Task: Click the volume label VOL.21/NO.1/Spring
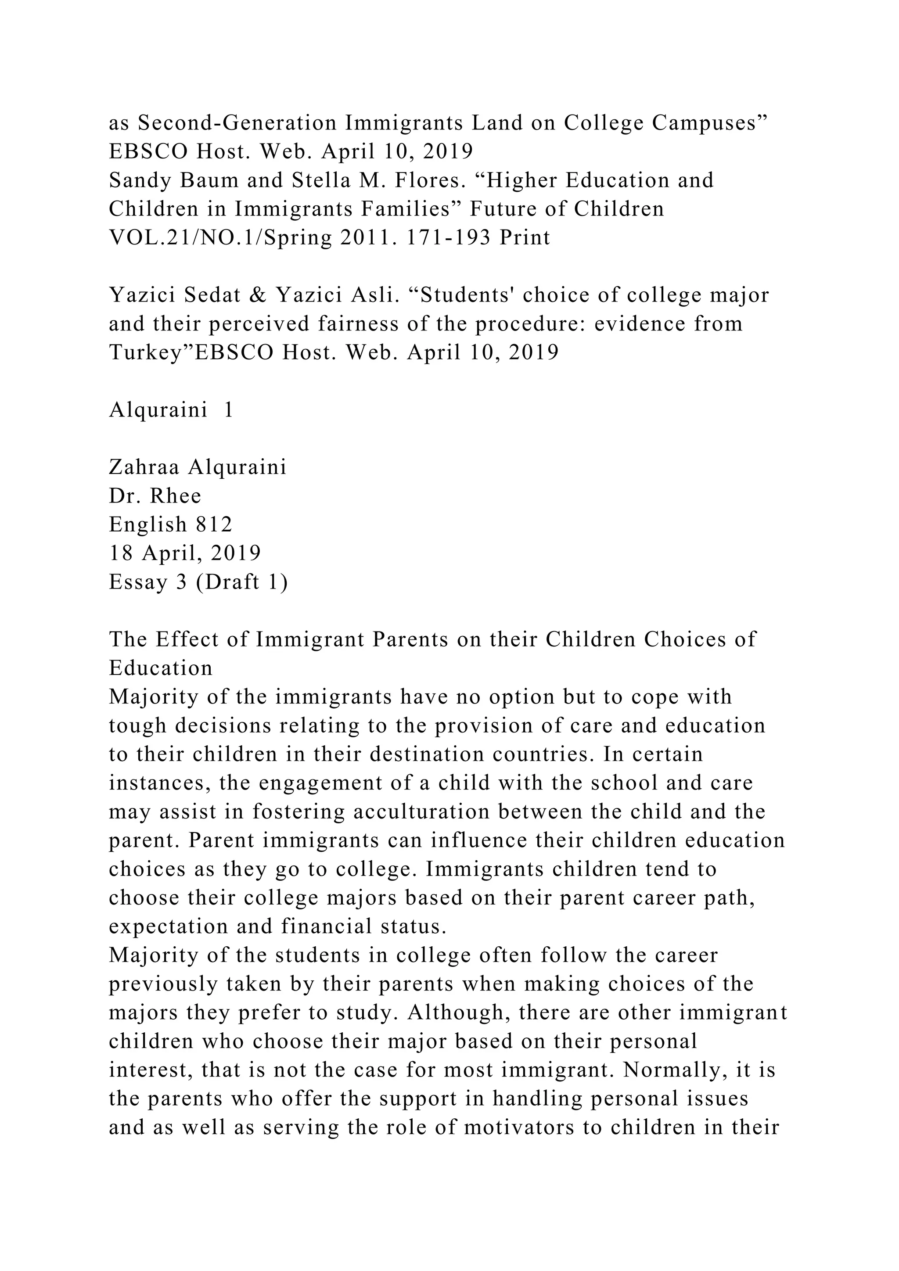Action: tap(220, 238)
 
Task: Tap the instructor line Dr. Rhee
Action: tap(155, 496)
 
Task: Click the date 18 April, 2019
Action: tap(185, 553)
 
